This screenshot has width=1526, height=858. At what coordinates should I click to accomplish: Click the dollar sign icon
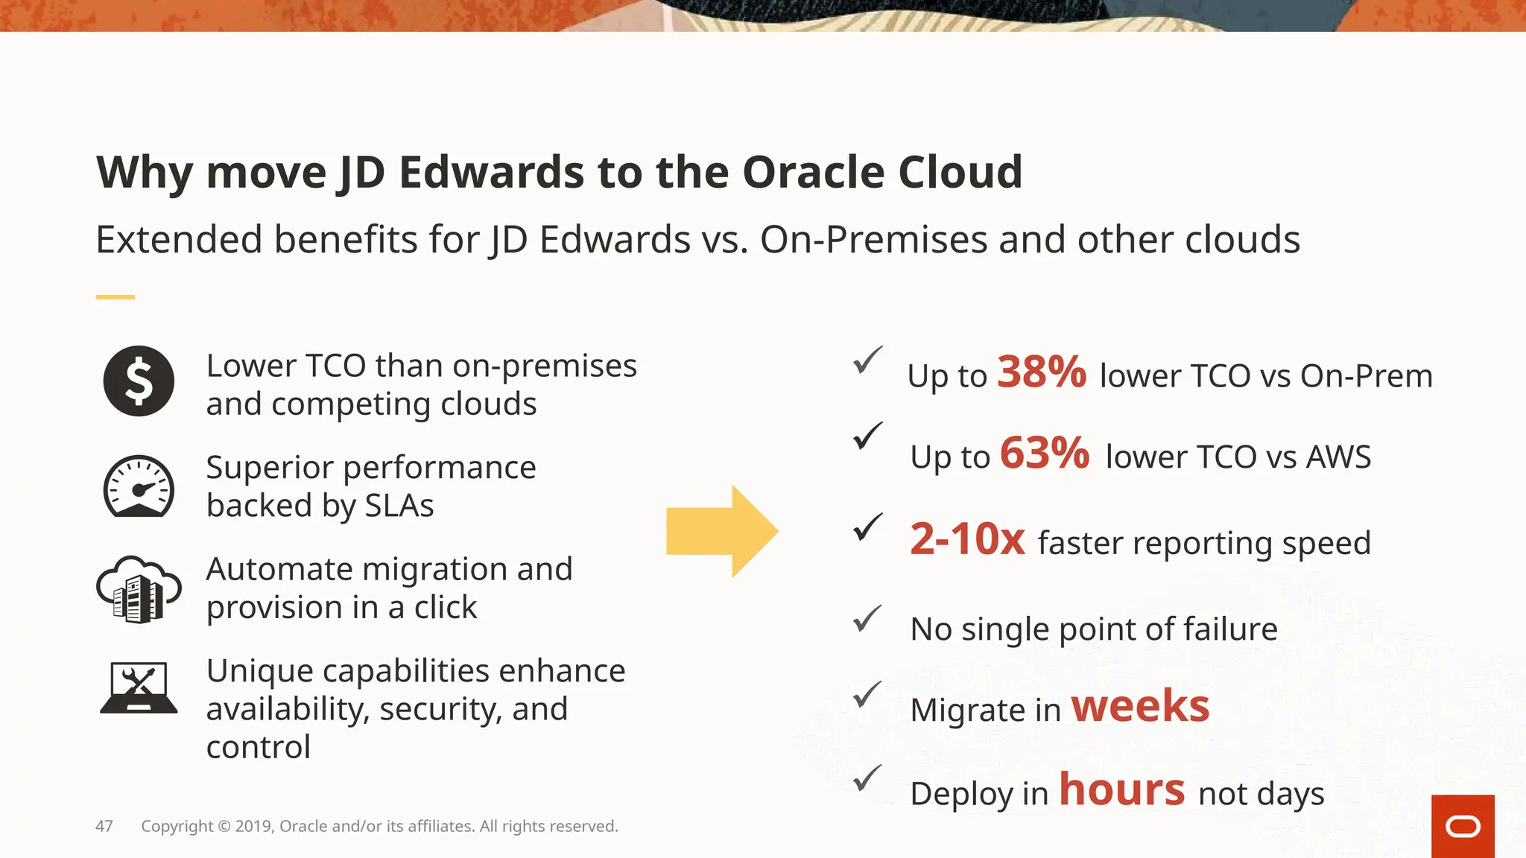coord(139,381)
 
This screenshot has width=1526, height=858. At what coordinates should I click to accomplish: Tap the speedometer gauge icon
coord(139,486)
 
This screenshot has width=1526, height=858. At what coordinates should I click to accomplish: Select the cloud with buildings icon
coord(139,589)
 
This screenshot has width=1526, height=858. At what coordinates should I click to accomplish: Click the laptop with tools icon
coord(139,687)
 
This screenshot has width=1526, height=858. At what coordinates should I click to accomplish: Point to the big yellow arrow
coord(721,531)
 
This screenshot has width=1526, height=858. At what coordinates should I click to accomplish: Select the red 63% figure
coord(1044,453)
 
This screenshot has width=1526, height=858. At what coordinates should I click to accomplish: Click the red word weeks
coord(1140,705)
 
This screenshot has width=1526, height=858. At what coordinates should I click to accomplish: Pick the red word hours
coord(1121,789)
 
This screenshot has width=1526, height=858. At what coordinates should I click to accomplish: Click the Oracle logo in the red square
coord(1463,827)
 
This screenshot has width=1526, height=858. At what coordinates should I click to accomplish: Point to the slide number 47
coord(104,826)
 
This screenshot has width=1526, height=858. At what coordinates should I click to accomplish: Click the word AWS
coord(1338,457)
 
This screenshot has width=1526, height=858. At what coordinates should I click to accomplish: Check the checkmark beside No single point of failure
coord(867,618)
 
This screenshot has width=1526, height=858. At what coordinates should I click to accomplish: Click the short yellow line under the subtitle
coord(115,297)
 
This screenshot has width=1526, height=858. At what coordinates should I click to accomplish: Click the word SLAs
coord(399,506)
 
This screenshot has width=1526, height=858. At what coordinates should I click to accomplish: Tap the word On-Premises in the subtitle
coord(873,240)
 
